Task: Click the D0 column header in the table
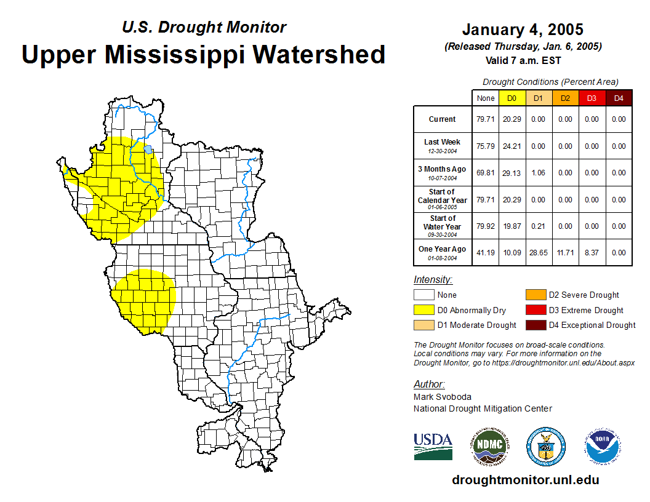tap(512, 98)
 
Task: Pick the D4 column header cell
tap(619, 98)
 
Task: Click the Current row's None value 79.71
tap(486, 119)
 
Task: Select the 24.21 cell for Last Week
tap(512, 146)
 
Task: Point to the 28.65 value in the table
tap(539, 253)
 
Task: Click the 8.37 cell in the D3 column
tap(592, 253)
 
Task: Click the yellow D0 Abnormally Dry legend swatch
tap(423, 311)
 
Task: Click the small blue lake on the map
tap(148, 149)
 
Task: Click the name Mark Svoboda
tap(442, 397)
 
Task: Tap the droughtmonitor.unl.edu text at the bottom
tap(525, 480)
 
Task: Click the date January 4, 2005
tap(523, 30)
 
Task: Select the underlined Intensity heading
tap(433, 280)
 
